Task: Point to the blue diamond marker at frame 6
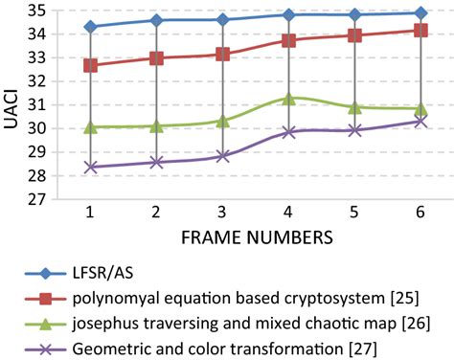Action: pos(421,13)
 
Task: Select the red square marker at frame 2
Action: pos(156,58)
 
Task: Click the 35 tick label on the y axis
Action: pos(35,11)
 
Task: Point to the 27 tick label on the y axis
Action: pos(35,200)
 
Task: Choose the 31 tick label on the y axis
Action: pos(35,105)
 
